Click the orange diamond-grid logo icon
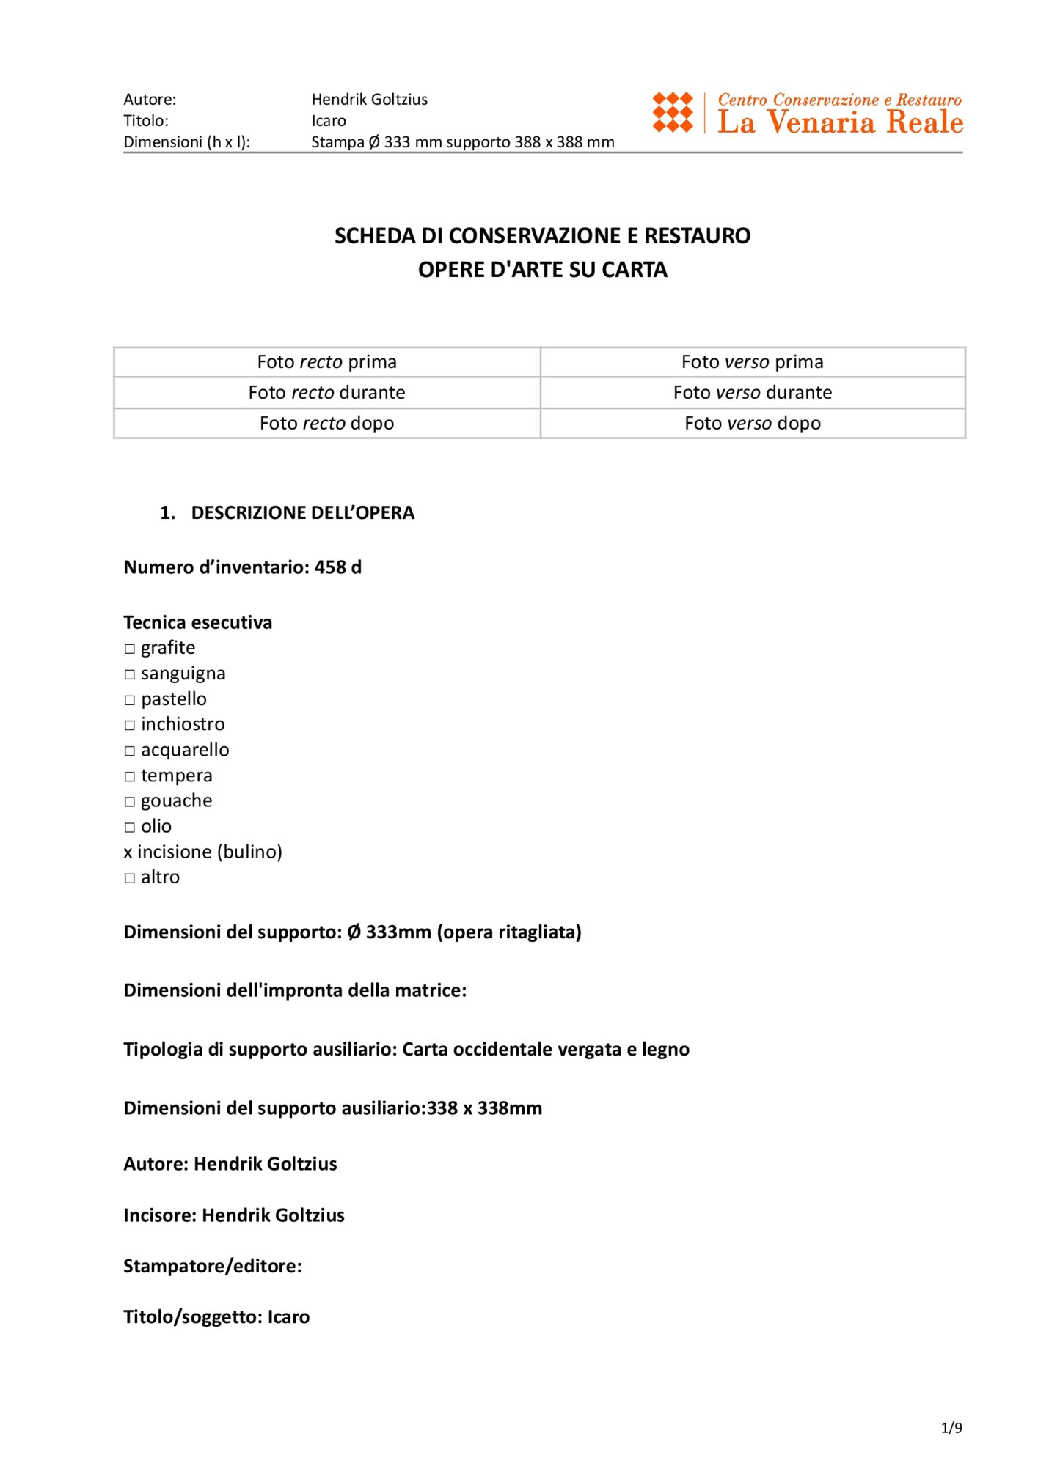point(672,112)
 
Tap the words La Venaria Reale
point(840,122)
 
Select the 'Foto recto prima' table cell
point(326,362)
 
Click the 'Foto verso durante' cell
point(752,393)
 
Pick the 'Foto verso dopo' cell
point(752,424)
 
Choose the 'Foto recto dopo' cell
point(326,424)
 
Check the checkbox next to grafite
point(130,649)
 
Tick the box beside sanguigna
point(130,675)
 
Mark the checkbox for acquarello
point(130,751)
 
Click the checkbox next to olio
point(130,828)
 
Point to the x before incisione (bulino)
point(128,852)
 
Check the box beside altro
point(130,878)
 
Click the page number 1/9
point(951,1428)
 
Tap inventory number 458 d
point(338,567)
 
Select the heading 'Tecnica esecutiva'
point(197,622)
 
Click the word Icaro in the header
point(329,121)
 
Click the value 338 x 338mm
point(485,1108)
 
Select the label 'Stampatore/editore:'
point(213,1267)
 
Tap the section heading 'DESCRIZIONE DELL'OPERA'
point(302,513)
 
